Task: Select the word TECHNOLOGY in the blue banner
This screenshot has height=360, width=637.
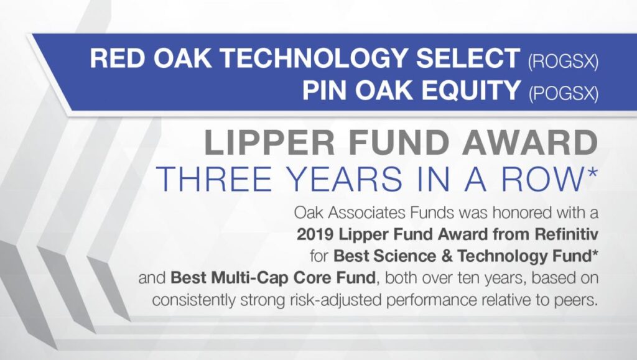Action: pos(315,58)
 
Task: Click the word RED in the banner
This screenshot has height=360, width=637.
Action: pos(118,58)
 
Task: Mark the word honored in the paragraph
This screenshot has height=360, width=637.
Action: pos(522,212)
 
